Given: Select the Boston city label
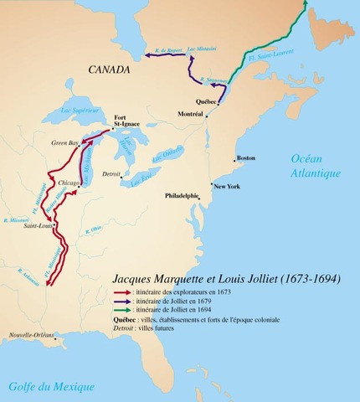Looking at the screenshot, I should coord(245,157).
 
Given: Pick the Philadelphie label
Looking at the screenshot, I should coord(181,195).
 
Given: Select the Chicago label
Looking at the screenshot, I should coord(69,182).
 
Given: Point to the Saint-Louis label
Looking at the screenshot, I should coord(39,225).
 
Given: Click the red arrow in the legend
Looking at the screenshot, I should coord(121,293).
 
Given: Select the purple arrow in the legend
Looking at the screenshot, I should coord(121,301).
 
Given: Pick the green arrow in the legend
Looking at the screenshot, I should coord(121,311).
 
